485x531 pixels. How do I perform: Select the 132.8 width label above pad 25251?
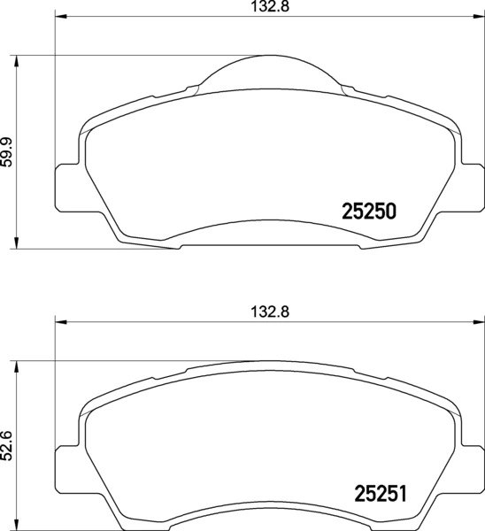pos(266,312)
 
